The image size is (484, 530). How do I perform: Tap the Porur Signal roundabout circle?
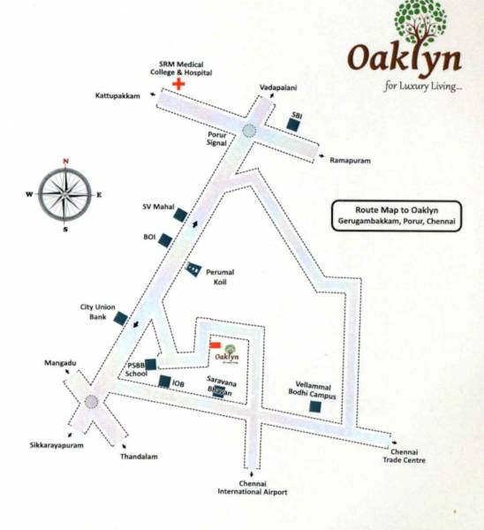point(250,131)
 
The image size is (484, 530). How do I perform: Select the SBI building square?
point(294,125)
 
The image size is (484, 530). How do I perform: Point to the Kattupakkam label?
point(114,94)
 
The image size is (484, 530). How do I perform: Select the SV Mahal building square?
point(179,215)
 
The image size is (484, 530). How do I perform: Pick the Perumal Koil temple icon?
point(193,268)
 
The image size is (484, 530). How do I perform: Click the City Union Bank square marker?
point(121,318)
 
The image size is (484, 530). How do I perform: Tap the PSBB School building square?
point(151,363)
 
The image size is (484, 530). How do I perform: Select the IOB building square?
point(164,382)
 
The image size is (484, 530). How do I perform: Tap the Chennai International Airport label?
point(253,487)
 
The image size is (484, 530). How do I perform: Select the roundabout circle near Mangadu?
point(91,403)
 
